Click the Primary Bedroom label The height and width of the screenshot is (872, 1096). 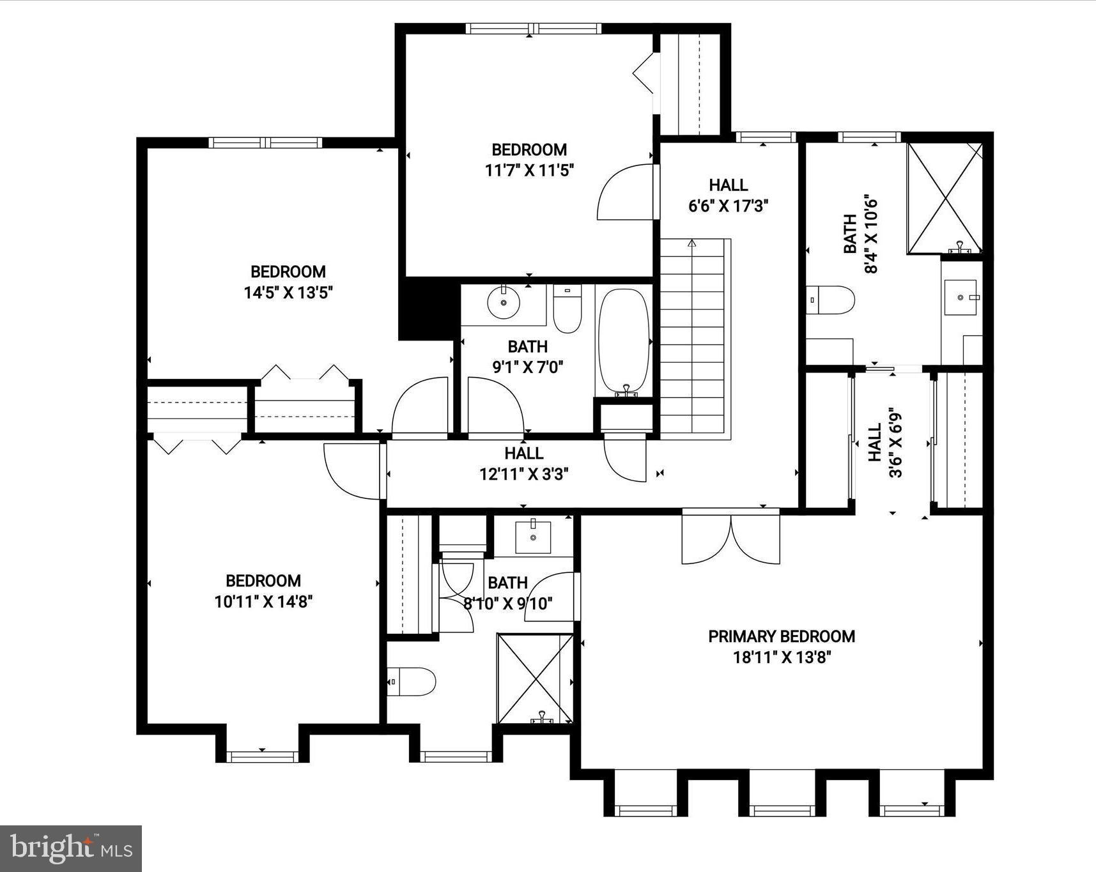coord(781,636)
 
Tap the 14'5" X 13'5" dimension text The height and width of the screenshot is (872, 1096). coord(288,293)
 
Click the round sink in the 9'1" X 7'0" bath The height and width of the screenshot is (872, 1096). coord(504,303)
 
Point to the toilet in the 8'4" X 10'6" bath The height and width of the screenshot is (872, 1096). coord(831,300)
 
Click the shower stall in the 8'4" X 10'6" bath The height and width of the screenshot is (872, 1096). coord(945,198)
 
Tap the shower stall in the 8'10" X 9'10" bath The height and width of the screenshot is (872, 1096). coord(536,678)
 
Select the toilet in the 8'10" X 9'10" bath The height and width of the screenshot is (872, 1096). coord(412,681)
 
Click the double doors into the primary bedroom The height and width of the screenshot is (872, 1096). coord(731,538)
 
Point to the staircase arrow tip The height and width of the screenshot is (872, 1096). coord(691,242)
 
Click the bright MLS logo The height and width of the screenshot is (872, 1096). coord(71,848)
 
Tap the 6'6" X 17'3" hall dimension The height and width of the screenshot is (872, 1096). coord(729,206)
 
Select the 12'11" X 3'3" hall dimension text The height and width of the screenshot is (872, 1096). coord(524,474)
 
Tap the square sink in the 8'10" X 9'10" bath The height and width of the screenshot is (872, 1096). coord(533,537)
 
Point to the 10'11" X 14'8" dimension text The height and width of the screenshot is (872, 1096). coord(263,602)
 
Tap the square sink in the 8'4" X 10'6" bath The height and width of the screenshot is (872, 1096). coord(961,297)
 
